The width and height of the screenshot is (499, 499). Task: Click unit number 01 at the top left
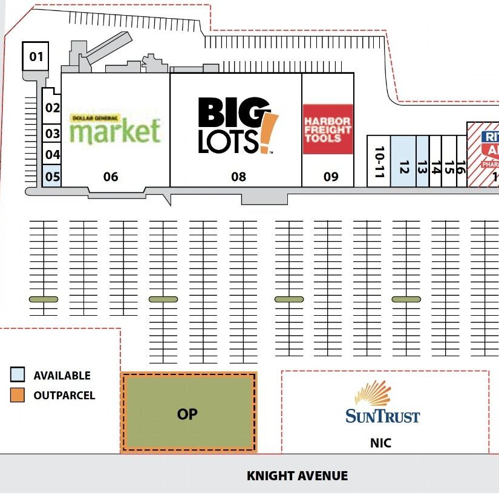[36, 57]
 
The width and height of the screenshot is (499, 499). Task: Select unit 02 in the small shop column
[53, 108]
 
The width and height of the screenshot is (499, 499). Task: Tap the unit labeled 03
[53, 134]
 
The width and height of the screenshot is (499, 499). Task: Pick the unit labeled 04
[53, 155]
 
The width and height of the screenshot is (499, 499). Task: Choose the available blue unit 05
[53, 177]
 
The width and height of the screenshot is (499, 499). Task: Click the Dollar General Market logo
[115, 129]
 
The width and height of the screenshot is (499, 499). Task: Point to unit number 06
[111, 177]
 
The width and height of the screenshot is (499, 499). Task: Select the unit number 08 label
[238, 177]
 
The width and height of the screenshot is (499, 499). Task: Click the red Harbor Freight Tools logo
[327, 129]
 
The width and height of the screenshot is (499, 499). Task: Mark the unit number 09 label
[330, 177]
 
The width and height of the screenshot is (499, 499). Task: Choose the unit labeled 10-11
[379, 161]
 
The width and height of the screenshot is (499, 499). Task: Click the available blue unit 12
[403, 161]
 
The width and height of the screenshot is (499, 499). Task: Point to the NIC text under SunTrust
[380, 443]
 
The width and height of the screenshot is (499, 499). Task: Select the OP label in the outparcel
[188, 414]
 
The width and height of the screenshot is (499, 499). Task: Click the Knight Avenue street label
[297, 476]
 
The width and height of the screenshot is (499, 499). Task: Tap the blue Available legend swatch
[18, 375]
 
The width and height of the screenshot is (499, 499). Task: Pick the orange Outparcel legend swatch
[18, 396]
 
